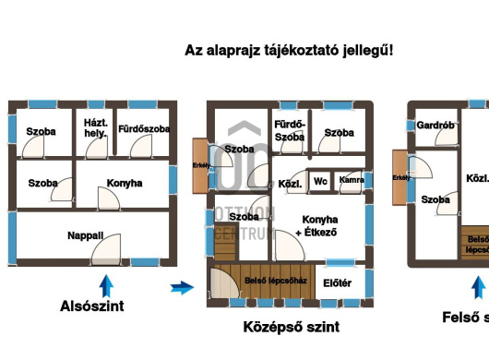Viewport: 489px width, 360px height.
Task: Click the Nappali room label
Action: [x=85, y=236]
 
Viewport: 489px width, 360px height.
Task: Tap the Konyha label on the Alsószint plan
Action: [x=125, y=184]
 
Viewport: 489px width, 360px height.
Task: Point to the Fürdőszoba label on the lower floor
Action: [x=143, y=129]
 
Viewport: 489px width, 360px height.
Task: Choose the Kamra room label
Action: [x=351, y=180]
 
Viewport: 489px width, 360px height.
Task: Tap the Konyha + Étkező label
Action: [x=319, y=226]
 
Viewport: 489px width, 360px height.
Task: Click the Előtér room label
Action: [x=337, y=282]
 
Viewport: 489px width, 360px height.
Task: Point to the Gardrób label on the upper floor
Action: [x=432, y=126]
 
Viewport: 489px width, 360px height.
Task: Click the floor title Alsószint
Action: [x=91, y=306]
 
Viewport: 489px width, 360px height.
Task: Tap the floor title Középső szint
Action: [x=291, y=327]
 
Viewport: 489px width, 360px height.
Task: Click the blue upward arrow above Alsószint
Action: [x=106, y=284]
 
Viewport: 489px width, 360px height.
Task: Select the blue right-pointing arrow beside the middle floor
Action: [x=183, y=288]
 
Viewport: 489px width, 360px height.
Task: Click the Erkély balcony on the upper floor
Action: [x=400, y=177]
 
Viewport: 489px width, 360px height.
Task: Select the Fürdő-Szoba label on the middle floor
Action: [x=289, y=130]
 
